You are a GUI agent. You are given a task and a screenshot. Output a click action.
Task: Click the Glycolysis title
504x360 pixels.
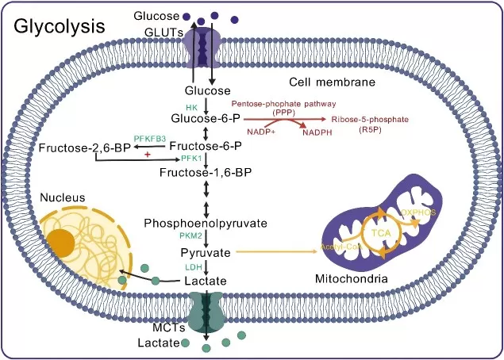point(60,25)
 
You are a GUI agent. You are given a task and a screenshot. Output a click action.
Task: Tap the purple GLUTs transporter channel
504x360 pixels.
point(205,50)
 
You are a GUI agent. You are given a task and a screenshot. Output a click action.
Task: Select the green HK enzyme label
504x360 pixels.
point(190,106)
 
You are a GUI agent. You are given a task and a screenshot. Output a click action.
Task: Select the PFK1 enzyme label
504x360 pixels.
point(192,159)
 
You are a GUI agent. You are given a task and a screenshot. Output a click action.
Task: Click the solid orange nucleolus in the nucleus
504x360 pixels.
point(61,242)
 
